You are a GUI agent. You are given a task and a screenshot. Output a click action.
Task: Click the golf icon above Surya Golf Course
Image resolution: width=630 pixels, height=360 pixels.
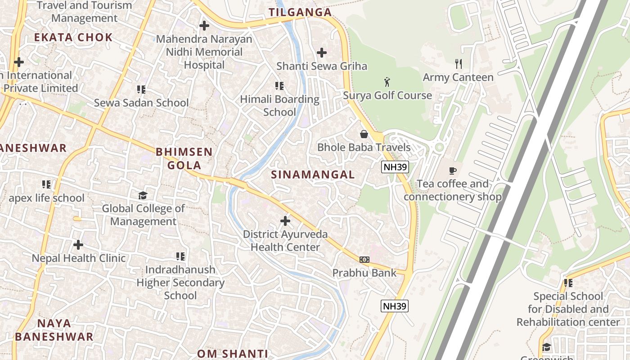(x=387, y=82)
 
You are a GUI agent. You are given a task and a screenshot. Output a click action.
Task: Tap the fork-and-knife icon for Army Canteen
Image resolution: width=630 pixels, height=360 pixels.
(x=459, y=63)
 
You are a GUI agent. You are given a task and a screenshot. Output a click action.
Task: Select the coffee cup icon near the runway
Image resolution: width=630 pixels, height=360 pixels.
(x=453, y=170)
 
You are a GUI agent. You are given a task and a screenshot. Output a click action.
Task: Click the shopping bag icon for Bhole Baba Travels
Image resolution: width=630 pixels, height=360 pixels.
(x=364, y=134)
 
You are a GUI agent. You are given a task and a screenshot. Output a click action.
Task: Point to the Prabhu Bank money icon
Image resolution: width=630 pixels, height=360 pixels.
(x=364, y=259)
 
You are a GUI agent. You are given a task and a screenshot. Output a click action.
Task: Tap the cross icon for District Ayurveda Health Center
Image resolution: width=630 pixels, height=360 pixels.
(x=285, y=221)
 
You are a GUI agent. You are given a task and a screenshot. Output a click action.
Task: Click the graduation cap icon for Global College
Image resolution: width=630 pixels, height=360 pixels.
(x=143, y=195)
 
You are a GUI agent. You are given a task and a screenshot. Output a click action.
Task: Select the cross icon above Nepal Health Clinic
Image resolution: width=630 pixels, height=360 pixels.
(x=78, y=245)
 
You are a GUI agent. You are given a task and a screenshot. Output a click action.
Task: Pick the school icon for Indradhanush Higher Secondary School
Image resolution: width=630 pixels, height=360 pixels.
(x=180, y=256)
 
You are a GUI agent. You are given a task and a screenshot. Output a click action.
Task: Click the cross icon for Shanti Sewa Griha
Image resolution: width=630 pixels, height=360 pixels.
(x=321, y=53)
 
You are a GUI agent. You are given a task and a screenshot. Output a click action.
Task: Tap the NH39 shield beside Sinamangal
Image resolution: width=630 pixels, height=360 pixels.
(x=395, y=167)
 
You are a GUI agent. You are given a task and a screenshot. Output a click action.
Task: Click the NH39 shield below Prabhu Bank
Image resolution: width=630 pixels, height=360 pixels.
(x=395, y=306)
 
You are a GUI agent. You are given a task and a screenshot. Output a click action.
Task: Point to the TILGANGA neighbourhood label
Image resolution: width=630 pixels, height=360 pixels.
(x=300, y=12)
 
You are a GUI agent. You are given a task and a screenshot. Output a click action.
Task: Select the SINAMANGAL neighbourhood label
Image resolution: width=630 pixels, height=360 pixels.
(x=313, y=175)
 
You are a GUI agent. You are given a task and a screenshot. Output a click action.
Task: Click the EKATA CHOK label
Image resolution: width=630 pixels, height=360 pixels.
(x=73, y=37)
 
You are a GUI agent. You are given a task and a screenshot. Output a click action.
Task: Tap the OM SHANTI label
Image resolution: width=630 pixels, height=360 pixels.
(x=232, y=354)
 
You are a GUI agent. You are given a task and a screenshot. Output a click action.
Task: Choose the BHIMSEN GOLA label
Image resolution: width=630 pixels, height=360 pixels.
(x=184, y=158)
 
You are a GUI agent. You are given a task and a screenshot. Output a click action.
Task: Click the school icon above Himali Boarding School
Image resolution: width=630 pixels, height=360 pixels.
(x=279, y=85)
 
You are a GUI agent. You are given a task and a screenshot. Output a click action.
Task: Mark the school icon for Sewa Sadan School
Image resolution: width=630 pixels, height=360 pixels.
(x=141, y=90)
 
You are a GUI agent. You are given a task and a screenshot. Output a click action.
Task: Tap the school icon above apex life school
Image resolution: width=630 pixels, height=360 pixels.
(x=46, y=184)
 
